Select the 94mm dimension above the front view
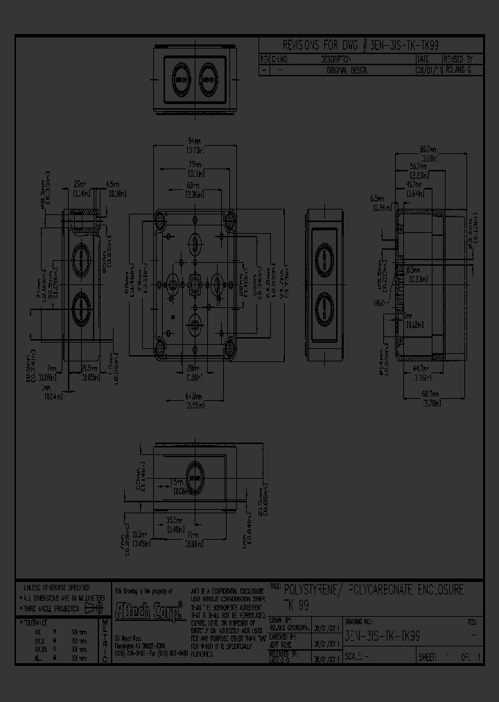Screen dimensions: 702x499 coord(195,142)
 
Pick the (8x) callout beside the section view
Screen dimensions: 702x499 coord(380,303)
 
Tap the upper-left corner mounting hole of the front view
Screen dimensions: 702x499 coord(161,221)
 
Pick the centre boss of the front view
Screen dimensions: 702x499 coord(195,284)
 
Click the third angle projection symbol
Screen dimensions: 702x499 coord(90,608)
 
